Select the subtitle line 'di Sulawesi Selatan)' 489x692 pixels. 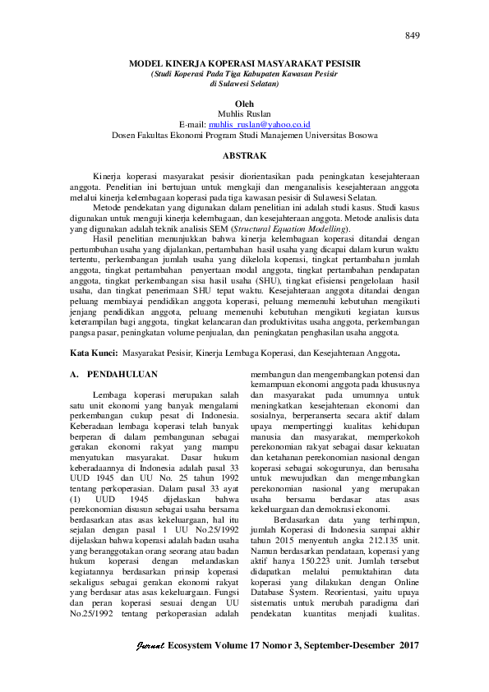(245, 84)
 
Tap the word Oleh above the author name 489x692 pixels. (245, 104)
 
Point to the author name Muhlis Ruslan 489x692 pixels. (245, 113)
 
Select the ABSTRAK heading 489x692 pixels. (245, 155)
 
